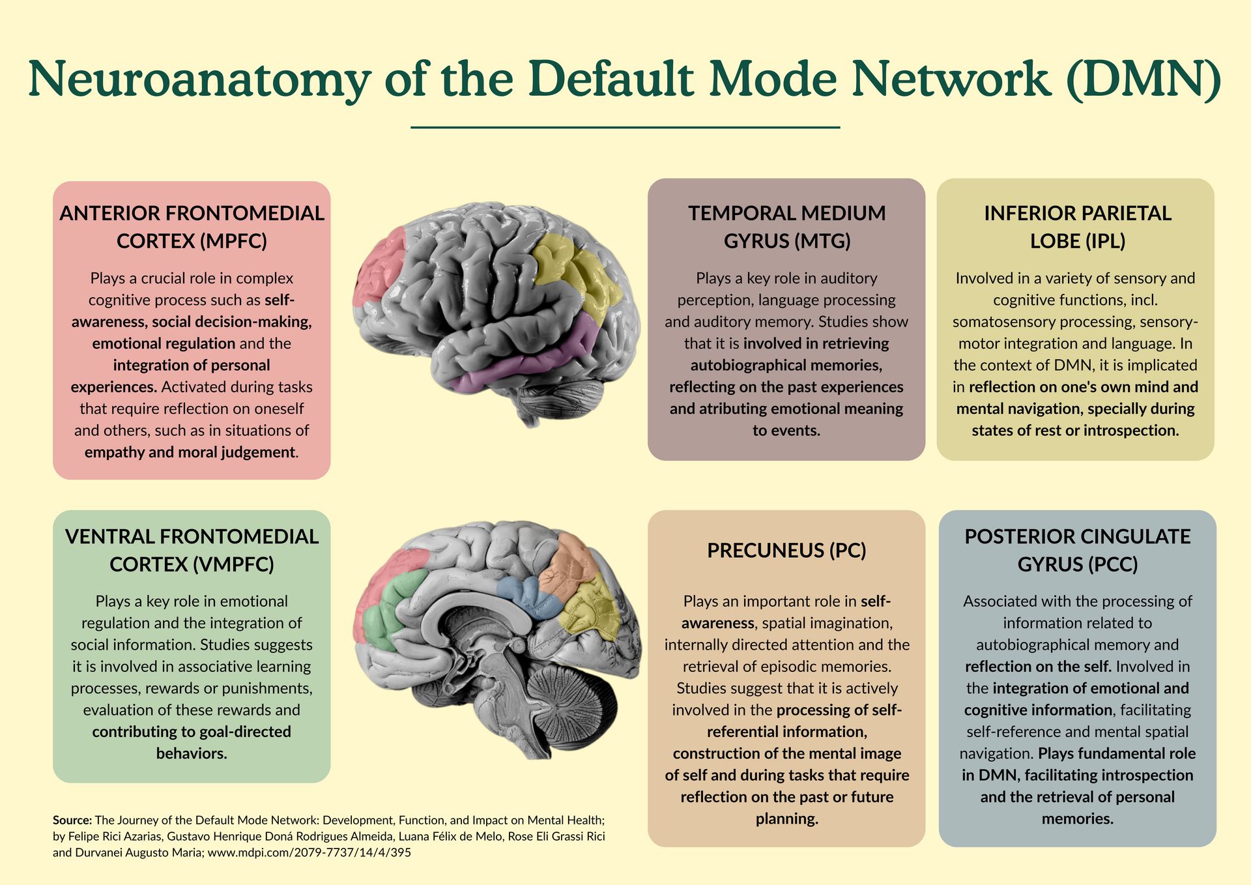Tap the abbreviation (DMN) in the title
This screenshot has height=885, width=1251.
tap(1143, 80)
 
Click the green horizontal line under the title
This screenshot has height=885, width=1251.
tap(625, 128)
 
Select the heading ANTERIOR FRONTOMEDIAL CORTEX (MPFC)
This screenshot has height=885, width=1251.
tap(192, 227)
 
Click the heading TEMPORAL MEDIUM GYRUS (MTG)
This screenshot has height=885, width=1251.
tap(786, 227)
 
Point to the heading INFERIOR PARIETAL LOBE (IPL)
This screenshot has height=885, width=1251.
tap(1077, 227)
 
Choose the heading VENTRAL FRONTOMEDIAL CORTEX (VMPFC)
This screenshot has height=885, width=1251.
tap(192, 550)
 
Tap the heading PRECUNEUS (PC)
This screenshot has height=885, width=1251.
tap(786, 551)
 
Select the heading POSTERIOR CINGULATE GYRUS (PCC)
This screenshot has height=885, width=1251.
tap(1077, 550)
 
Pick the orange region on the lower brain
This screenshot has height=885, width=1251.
tap(570, 560)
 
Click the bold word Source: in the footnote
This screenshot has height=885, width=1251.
tap(72, 820)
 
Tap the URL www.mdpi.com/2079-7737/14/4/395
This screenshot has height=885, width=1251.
tap(309, 852)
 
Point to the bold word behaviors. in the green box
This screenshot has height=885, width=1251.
tap(192, 754)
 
